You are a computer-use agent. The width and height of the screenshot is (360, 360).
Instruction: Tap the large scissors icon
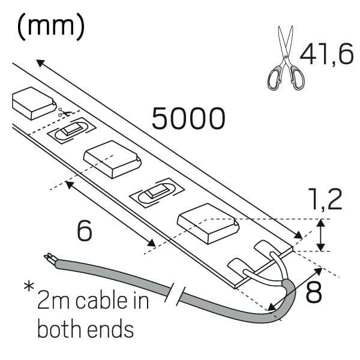[286, 58]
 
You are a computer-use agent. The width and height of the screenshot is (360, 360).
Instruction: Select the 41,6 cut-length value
[326, 55]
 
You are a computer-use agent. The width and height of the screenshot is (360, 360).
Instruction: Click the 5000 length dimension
[188, 118]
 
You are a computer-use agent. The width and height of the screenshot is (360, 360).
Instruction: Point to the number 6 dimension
[85, 230]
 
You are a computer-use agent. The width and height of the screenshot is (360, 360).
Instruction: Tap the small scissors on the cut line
[65, 112]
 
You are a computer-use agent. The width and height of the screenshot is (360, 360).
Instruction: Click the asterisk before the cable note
[29, 287]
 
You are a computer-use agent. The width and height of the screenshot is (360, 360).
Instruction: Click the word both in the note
[60, 329]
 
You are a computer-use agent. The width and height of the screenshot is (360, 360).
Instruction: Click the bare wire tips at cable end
[49, 258]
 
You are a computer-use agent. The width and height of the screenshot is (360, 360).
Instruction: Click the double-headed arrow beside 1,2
[321, 235]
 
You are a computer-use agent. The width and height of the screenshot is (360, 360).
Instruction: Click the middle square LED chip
[112, 159]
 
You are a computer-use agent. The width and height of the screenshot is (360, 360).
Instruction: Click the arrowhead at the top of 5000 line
[40, 62]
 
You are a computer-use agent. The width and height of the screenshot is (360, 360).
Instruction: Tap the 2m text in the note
[53, 301]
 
